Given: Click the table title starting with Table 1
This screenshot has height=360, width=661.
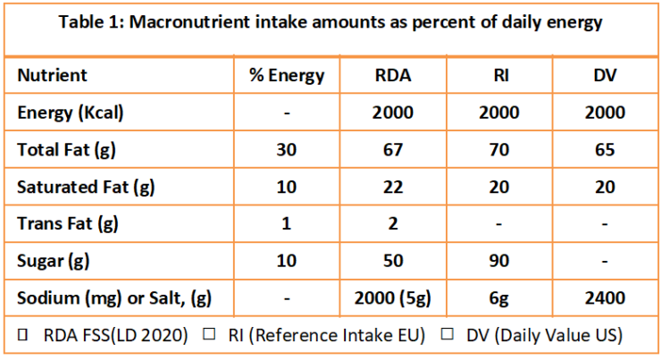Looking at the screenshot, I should click(x=330, y=23).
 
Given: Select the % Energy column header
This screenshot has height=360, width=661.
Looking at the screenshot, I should click(x=287, y=76).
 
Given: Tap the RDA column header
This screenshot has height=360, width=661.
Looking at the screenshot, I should click(x=393, y=76).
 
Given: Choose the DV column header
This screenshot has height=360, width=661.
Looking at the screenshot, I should click(x=606, y=76).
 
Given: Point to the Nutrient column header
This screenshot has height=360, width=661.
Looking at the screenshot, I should click(x=53, y=76).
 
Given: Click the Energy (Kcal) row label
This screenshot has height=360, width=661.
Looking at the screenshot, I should click(x=71, y=113).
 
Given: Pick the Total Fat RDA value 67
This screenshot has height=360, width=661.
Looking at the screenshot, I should click(x=393, y=149).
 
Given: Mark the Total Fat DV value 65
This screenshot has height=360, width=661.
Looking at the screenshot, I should click(x=606, y=149).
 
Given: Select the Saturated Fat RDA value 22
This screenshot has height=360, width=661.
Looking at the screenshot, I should click(x=393, y=187).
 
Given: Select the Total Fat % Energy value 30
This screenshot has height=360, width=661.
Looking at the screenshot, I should click(x=287, y=149).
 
